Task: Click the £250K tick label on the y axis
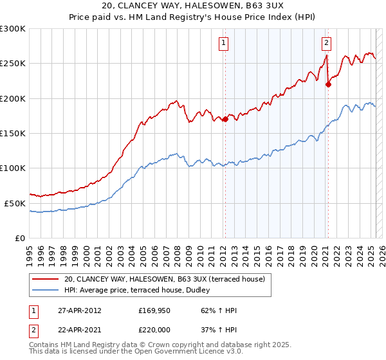point(13,64)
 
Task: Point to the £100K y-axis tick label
point(13,168)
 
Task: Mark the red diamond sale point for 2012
point(225,119)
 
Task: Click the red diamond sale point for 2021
point(328,84)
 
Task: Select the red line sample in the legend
point(45,279)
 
